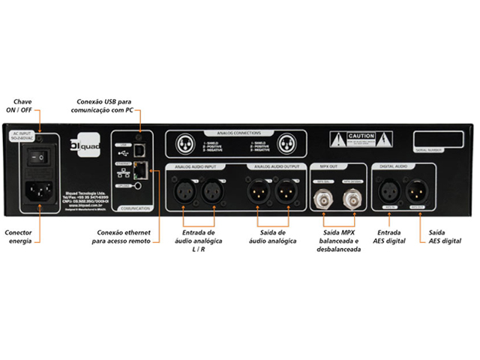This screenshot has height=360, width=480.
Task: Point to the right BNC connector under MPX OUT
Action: tap(352, 199)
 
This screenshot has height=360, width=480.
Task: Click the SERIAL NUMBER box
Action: tap(442, 139)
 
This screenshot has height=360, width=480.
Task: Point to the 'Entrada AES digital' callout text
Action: tap(389, 237)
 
